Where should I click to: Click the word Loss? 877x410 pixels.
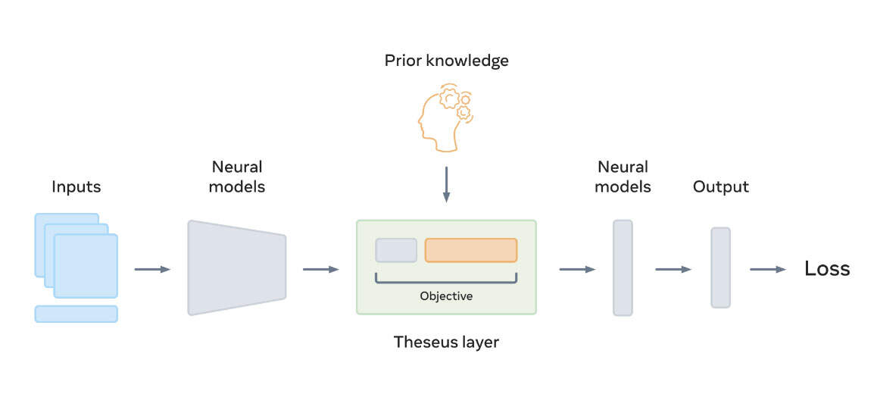click(827, 269)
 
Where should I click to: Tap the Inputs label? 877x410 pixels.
click(76, 186)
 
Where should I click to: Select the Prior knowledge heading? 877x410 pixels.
click(446, 61)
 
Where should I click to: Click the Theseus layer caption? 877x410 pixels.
click(446, 342)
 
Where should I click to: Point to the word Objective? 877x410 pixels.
click(446, 296)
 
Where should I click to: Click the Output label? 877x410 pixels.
click(720, 186)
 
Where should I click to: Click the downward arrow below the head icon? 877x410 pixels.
click(446, 185)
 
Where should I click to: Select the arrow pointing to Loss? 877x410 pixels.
click(768, 269)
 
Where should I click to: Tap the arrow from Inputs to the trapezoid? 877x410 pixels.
click(152, 269)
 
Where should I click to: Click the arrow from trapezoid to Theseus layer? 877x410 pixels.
click(320, 269)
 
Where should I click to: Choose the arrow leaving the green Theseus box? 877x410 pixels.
click(577, 269)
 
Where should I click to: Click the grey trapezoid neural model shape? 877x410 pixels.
click(236, 268)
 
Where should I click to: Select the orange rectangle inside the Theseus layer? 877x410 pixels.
click(470, 250)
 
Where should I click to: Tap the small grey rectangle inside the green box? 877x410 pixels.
click(396, 250)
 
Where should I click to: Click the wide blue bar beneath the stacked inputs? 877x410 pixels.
click(76, 314)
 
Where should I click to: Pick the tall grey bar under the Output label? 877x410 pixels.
click(720, 268)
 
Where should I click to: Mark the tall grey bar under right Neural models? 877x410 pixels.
click(623, 268)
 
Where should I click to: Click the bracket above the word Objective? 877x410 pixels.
click(446, 280)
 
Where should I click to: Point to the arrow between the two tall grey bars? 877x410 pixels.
click(673, 269)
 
